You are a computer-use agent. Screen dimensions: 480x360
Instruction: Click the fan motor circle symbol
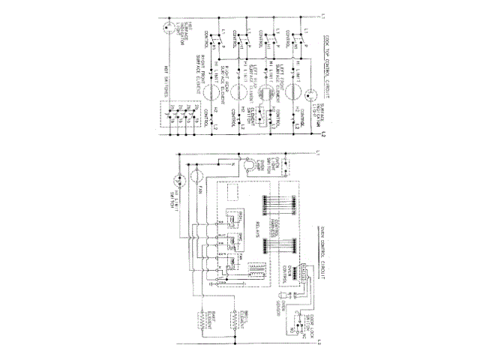[x=194, y=177]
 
